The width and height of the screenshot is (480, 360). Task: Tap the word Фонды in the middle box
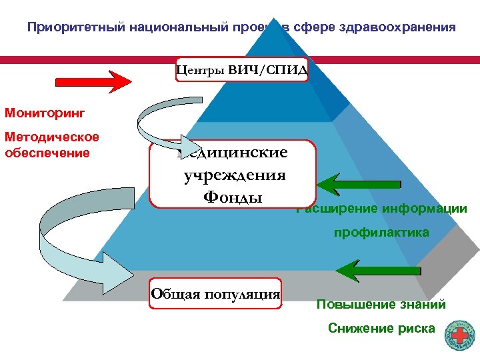tap(233, 197)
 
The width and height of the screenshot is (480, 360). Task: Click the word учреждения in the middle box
tap(234, 175)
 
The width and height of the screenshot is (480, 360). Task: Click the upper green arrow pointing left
tap(361, 182)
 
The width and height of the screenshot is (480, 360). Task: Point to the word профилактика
tap(381, 233)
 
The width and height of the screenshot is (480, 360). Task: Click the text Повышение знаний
tap(381, 305)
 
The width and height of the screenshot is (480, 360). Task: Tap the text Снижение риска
tap(381, 328)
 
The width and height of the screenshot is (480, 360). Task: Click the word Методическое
tap(52, 137)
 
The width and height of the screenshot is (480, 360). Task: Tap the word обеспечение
tap(47, 153)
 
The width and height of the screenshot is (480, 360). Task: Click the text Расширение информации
tap(382, 209)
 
